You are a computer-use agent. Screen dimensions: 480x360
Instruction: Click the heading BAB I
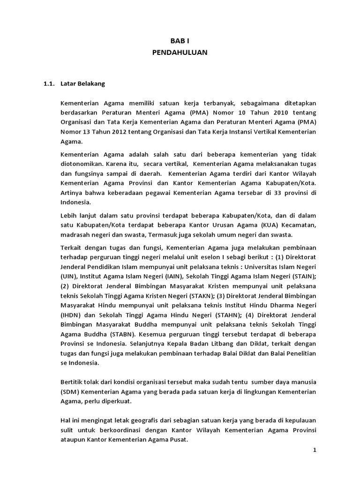pyautogui.click(x=180, y=42)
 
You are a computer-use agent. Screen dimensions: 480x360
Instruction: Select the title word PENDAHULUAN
pyautogui.click(x=180, y=52)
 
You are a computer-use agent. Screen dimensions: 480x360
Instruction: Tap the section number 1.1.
pyautogui.click(x=49, y=84)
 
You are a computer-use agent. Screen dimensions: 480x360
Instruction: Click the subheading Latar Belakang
pyautogui.click(x=83, y=84)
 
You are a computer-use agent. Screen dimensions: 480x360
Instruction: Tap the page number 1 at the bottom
pyautogui.click(x=315, y=450)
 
